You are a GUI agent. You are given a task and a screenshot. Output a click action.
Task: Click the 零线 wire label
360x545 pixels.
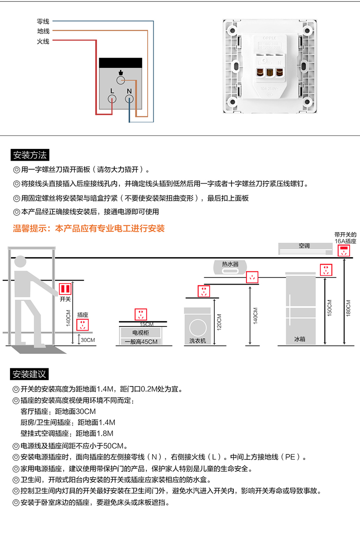[43, 21]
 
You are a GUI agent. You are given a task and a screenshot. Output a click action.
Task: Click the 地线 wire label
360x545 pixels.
[43, 31]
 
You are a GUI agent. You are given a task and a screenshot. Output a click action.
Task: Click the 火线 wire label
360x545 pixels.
[43, 41]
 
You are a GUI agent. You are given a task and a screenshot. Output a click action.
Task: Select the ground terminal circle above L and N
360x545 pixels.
[121, 81]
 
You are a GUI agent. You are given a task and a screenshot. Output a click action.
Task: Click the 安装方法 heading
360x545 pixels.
[30, 155]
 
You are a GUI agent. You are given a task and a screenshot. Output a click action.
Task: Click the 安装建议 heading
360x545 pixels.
[30, 374]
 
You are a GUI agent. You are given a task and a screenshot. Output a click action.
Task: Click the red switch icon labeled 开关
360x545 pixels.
[66, 289]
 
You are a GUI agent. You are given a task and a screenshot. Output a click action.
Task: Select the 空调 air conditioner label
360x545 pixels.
[304, 246]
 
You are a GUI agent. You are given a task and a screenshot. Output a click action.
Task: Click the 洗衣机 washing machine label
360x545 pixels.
[198, 340]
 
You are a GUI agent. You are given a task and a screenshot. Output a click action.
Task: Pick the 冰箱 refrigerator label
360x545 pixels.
[299, 339]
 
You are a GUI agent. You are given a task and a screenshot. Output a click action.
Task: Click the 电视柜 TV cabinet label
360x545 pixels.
[140, 333]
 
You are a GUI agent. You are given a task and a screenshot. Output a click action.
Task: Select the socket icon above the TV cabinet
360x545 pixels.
[141, 314]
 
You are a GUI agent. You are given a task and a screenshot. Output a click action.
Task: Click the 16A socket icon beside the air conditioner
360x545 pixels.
[344, 250]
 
